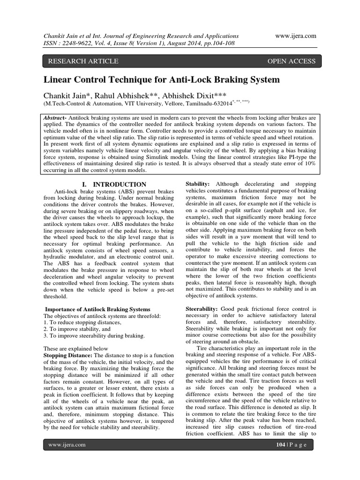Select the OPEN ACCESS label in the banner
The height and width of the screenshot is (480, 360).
[x=291, y=61]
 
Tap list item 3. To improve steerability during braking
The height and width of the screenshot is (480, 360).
[x=94, y=336]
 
